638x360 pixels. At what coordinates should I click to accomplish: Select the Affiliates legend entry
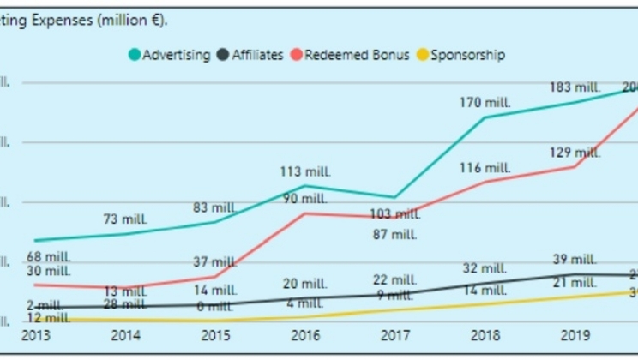pos(251,55)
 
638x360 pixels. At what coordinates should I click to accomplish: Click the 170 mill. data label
pos(485,102)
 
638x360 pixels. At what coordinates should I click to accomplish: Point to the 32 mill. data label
pos(485,268)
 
